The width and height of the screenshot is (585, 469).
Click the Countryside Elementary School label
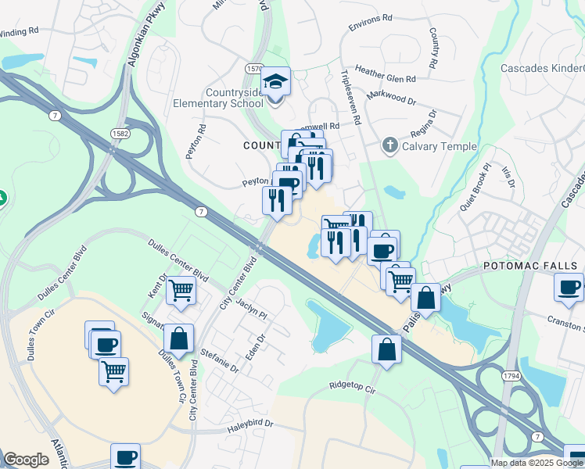(x=217, y=98)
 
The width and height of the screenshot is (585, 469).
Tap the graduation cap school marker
(x=275, y=82)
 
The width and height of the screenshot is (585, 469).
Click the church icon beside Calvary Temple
(x=389, y=145)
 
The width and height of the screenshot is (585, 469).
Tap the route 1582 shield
(x=120, y=134)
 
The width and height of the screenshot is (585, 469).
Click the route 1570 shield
(x=255, y=69)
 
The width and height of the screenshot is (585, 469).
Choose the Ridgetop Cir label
(x=353, y=385)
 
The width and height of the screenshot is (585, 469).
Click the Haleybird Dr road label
(x=249, y=424)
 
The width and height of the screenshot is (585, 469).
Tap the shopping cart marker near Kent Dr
(x=181, y=291)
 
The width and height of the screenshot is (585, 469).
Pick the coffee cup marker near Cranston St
(x=569, y=287)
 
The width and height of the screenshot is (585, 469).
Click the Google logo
(x=27, y=460)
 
